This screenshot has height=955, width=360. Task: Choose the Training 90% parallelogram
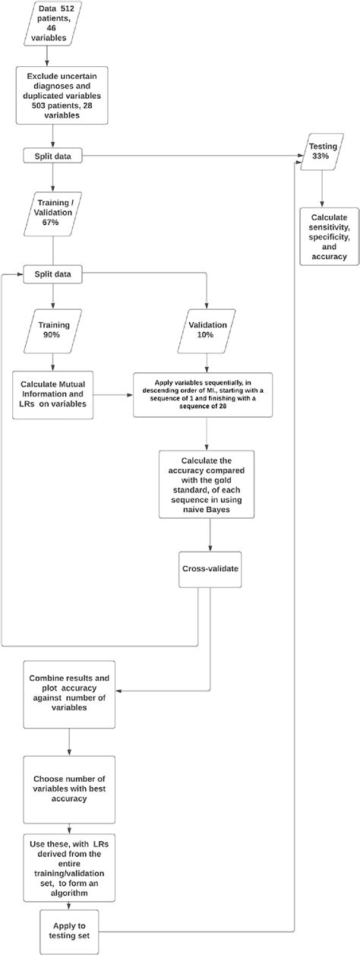click(54, 330)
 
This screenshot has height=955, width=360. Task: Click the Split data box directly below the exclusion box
click(53, 157)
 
